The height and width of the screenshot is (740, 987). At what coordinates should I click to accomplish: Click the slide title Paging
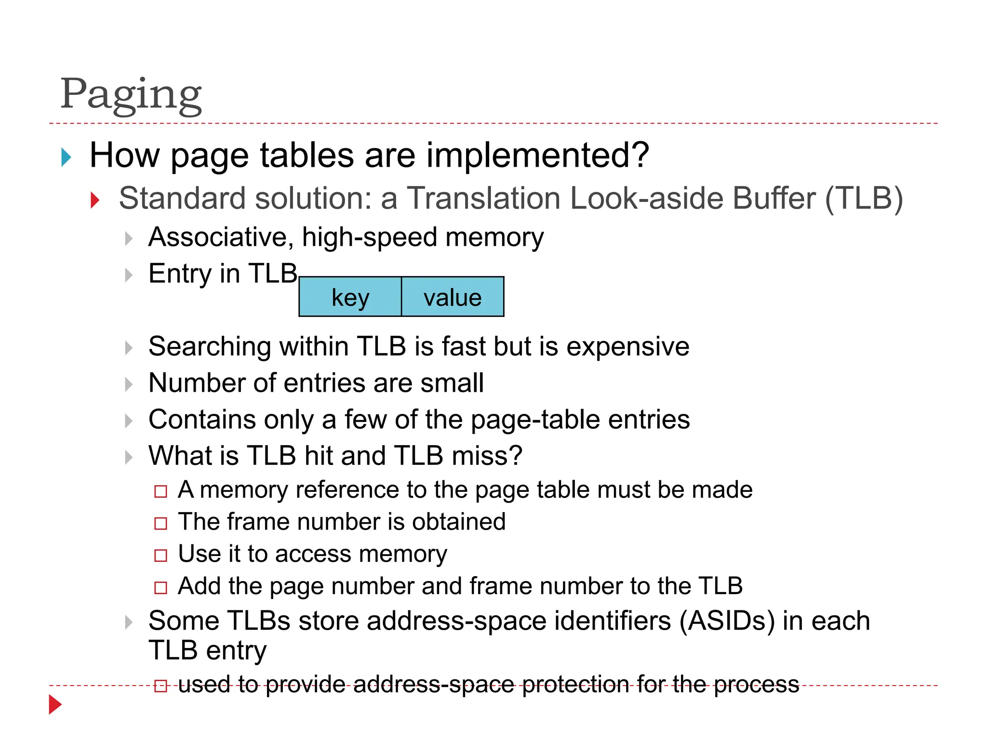[x=131, y=94]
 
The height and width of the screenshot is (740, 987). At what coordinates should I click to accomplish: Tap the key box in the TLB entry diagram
[x=350, y=297]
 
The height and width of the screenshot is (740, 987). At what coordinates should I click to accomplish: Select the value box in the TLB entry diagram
[x=453, y=297]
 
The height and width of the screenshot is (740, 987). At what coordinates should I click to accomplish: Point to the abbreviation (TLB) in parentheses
[x=864, y=198]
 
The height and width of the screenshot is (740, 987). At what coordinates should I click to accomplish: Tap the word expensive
[x=627, y=347]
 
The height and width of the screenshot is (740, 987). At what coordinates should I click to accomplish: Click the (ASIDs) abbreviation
[x=726, y=621]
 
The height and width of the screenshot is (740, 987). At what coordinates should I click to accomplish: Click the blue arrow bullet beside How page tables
[x=67, y=157]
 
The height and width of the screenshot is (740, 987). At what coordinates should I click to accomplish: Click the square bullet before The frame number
[x=160, y=523]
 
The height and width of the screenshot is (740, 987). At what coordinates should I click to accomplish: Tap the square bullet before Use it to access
[x=160, y=555]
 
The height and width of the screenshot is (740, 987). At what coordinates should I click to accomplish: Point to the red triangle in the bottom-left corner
[x=55, y=705]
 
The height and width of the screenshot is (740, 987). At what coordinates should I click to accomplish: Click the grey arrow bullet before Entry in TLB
[x=128, y=275]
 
